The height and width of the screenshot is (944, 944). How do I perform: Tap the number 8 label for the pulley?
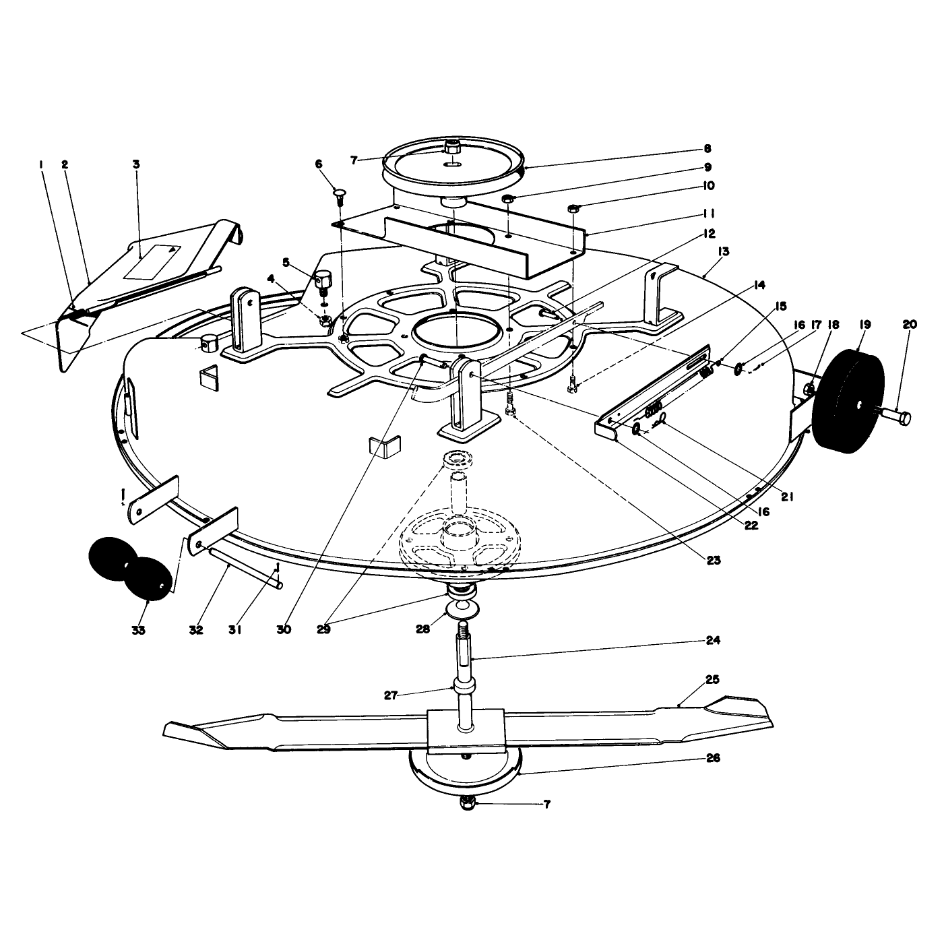[x=707, y=149]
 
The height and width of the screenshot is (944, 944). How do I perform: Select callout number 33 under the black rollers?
[x=139, y=630]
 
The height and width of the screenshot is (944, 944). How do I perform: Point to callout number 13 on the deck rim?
[x=723, y=251]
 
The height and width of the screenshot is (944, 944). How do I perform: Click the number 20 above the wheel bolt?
[x=910, y=324]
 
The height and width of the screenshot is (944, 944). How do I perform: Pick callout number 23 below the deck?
[x=714, y=561]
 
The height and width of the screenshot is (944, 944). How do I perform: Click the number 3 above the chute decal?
[x=136, y=164]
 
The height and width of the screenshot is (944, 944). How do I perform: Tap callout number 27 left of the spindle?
[x=390, y=695]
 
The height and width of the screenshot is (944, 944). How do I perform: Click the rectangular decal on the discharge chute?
[x=152, y=262]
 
